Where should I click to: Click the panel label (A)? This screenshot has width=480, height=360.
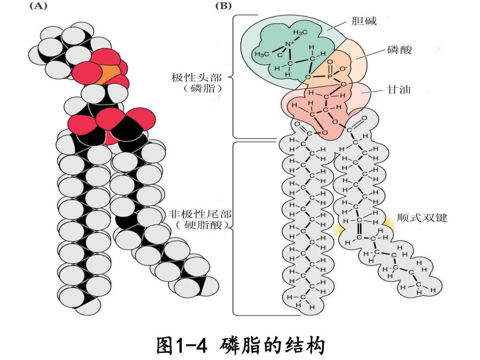(39, 7)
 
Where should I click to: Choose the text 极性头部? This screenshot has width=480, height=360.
(196, 77)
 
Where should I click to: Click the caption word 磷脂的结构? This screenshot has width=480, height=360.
(272, 346)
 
